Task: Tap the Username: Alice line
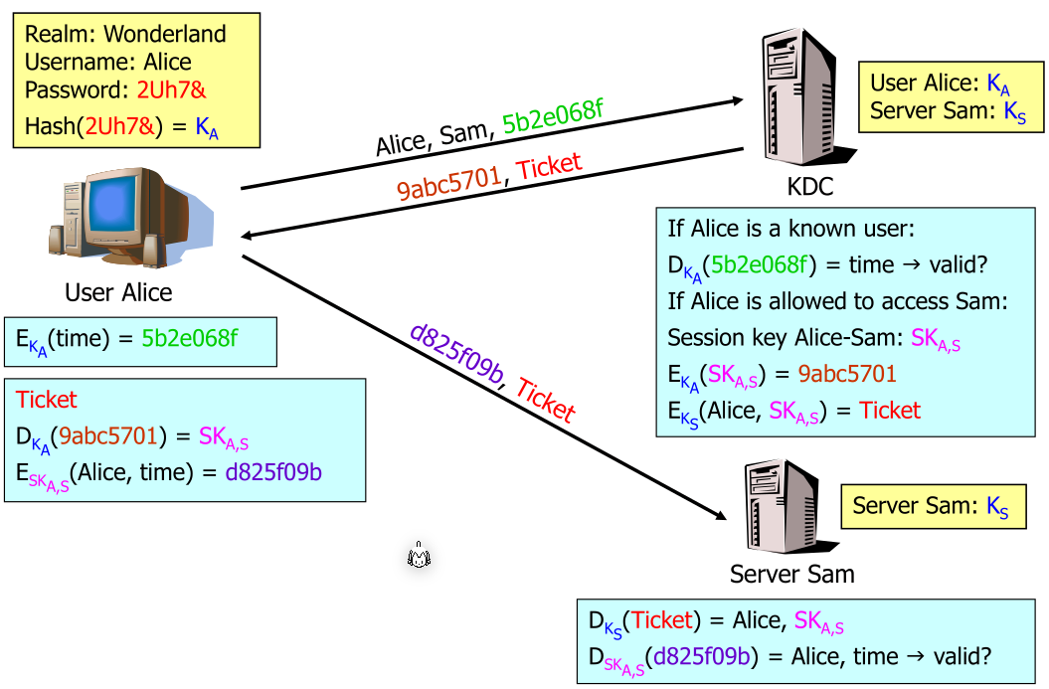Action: click(107, 62)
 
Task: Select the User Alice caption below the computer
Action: click(118, 292)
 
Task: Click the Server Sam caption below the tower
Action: click(791, 574)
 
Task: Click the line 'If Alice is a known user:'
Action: click(789, 230)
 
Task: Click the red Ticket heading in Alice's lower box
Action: click(46, 400)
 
